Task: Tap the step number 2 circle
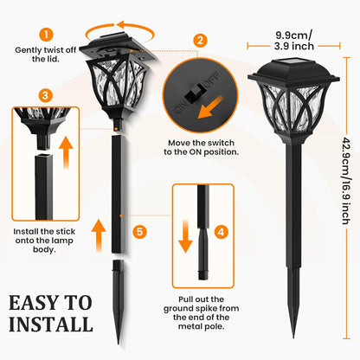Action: [x=200, y=40]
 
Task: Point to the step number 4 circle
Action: [x=221, y=231]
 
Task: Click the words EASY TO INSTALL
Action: [x=50, y=313]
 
